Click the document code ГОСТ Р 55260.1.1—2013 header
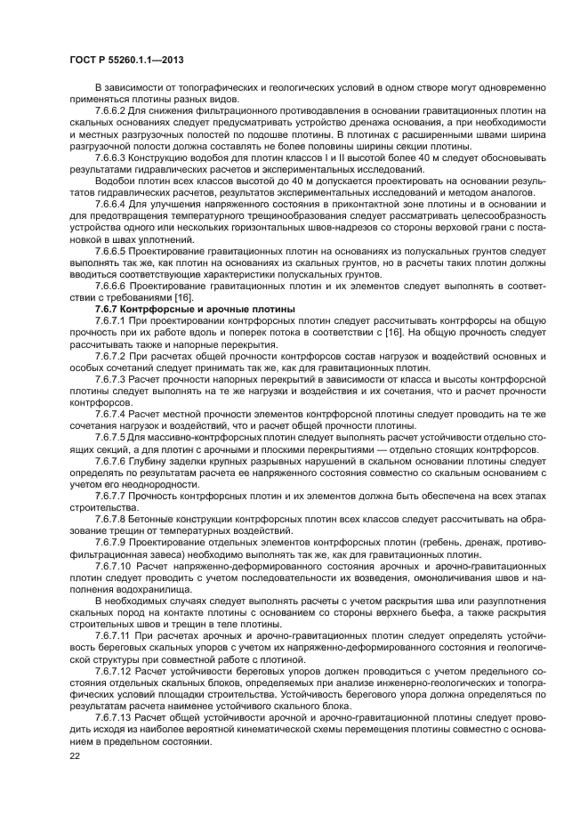(128, 60)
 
